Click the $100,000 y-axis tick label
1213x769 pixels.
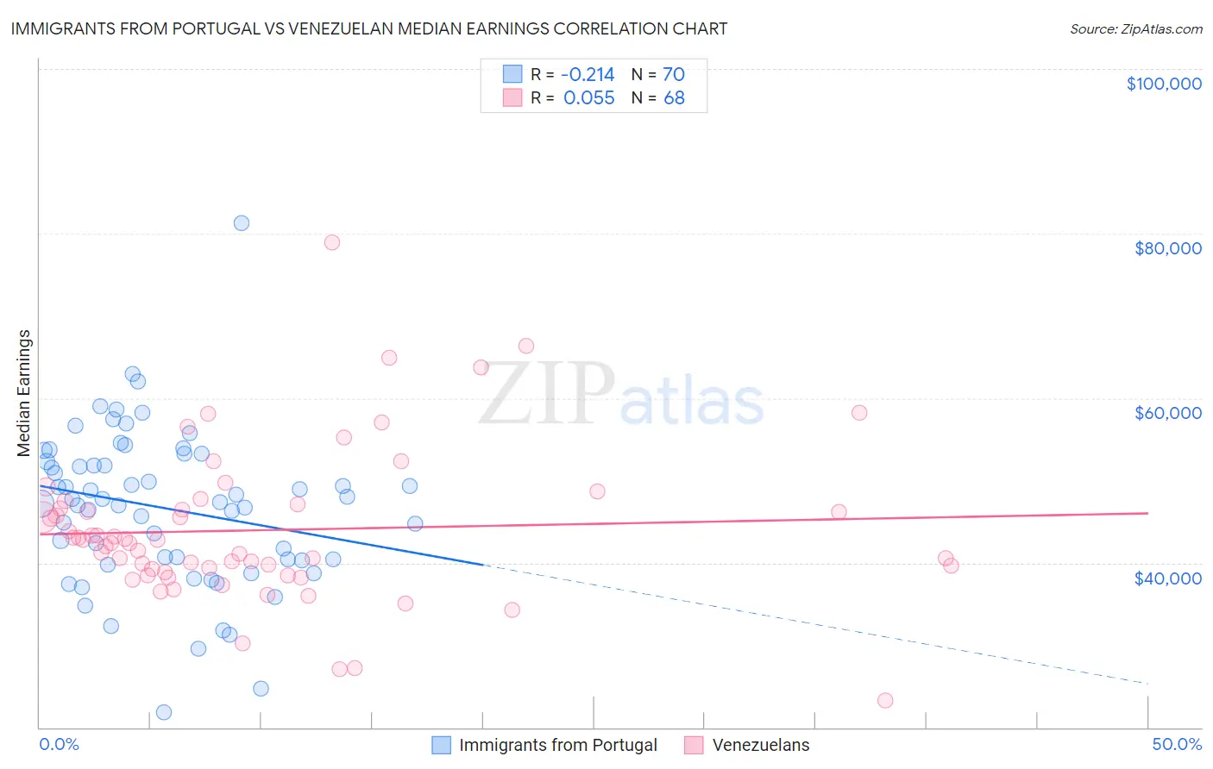tap(1164, 84)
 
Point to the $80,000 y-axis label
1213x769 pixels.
tap(1167, 248)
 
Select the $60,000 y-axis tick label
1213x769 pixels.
tap(1167, 413)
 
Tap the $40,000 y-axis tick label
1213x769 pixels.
tap(1167, 578)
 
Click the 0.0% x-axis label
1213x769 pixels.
tap(59, 744)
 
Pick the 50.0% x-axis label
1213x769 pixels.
tap(1177, 744)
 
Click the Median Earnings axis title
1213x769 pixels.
tap(24, 392)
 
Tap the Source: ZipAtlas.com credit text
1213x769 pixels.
tap(1135, 28)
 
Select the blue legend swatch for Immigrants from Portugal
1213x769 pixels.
tap(442, 745)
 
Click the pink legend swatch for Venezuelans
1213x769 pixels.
tap(694, 745)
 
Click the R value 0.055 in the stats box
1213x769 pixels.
tap(588, 98)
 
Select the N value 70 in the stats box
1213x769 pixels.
tap(674, 74)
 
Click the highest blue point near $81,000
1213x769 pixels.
tap(242, 223)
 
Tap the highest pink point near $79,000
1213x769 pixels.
tap(332, 242)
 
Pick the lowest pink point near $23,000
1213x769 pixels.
tap(885, 700)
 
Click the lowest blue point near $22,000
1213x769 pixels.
tap(164, 712)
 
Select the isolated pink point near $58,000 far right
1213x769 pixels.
tap(859, 412)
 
